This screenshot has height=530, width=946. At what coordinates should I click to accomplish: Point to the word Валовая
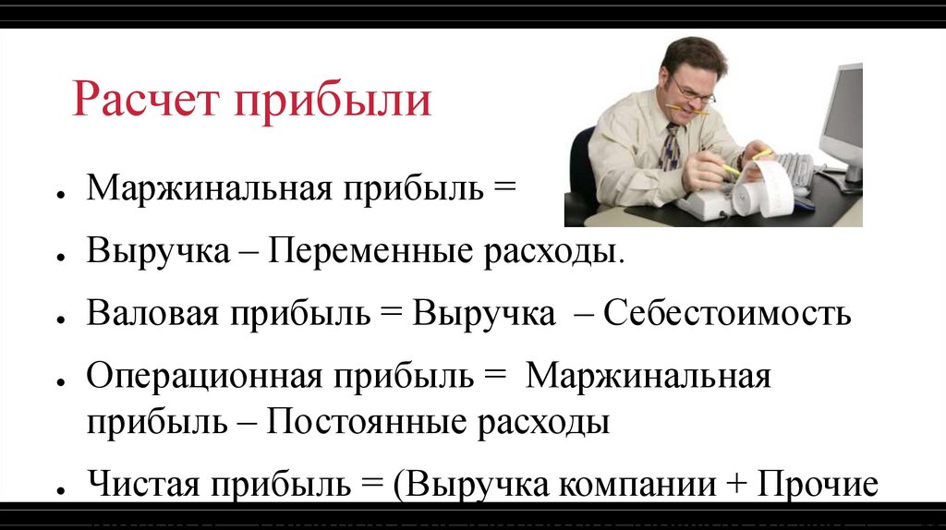pyautogui.click(x=152, y=314)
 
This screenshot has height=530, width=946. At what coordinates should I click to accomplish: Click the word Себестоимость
pyautogui.click(x=727, y=314)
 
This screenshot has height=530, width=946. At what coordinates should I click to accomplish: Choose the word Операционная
pyautogui.click(x=203, y=377)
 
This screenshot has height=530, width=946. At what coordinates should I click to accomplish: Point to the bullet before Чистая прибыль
pyautogui.click(x=59, y=488)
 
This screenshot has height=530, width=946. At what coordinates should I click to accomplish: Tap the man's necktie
pyautogui.click(x=669, y=148)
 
